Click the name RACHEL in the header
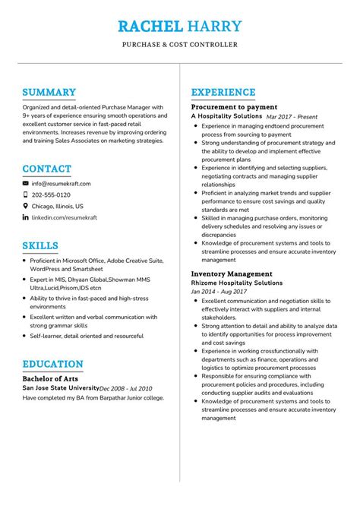150,27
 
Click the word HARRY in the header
215,27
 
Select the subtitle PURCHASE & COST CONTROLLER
180,45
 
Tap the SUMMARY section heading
49,93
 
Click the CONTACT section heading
47,169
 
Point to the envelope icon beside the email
25,184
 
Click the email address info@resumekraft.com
61,184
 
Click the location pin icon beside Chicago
25,206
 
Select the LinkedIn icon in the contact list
25,217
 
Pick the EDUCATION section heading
52,364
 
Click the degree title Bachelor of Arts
50,378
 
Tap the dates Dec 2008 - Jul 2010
125,387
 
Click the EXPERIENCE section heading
223,93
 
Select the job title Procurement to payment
234,107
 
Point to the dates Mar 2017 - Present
292,117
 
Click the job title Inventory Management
232,273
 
